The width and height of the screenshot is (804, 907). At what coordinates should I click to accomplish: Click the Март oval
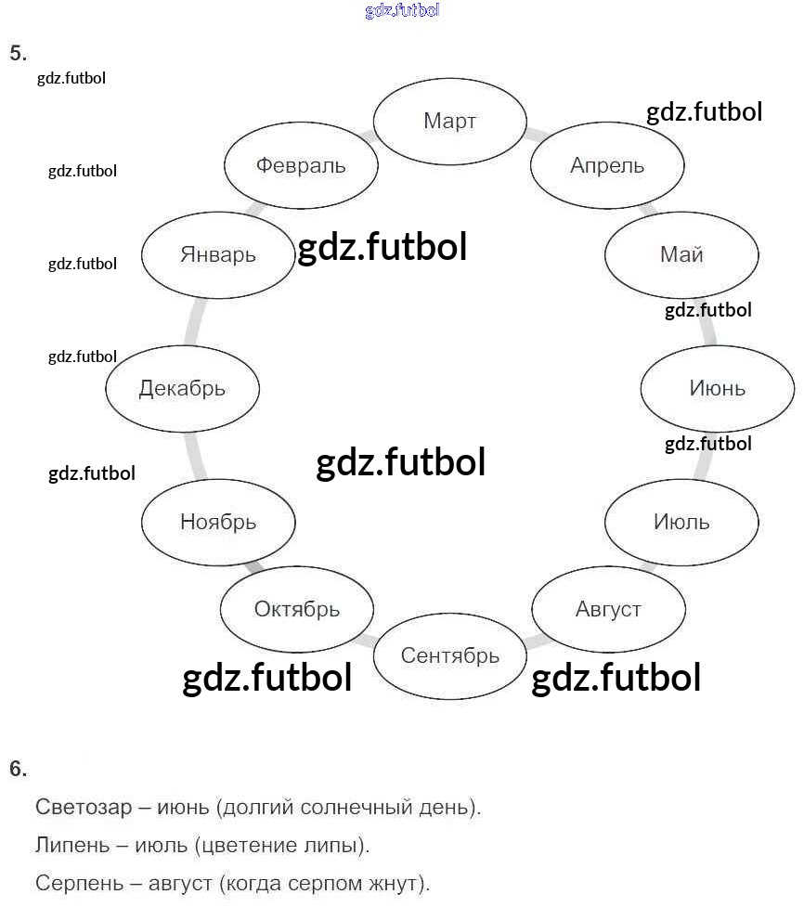tap(449, 121)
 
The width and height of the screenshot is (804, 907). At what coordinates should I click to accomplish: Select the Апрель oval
tap(607, 165)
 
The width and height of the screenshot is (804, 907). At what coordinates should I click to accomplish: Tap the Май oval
tap(681, 254)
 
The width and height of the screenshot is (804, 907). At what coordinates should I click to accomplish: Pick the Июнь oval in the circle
tap(717, 388)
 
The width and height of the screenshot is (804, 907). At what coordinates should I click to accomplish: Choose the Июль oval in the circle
tap(681, 522)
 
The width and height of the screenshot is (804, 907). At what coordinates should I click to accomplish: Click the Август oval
tap(608, 610)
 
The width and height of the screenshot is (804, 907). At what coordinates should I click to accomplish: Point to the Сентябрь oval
tap(450, 655)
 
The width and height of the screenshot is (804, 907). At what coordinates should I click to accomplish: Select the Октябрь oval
tap(297, 610)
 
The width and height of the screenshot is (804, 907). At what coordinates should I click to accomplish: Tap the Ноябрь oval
tap(218, 522)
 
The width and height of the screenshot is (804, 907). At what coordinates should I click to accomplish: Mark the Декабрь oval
tap(182, 388)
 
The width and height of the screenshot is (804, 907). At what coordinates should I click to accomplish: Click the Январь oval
tap(218, 254)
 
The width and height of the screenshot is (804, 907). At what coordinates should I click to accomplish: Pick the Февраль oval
tap(301, 165)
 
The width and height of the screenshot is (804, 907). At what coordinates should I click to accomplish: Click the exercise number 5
tap(18, 53)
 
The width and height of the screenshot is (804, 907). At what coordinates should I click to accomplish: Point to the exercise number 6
tap(18, 769)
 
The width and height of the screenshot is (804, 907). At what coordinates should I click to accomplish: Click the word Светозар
tap(84, 807)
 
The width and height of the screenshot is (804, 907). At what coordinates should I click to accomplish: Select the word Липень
tap(72, 846)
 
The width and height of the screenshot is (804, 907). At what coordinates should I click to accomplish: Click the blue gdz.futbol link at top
tap(402, 11)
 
